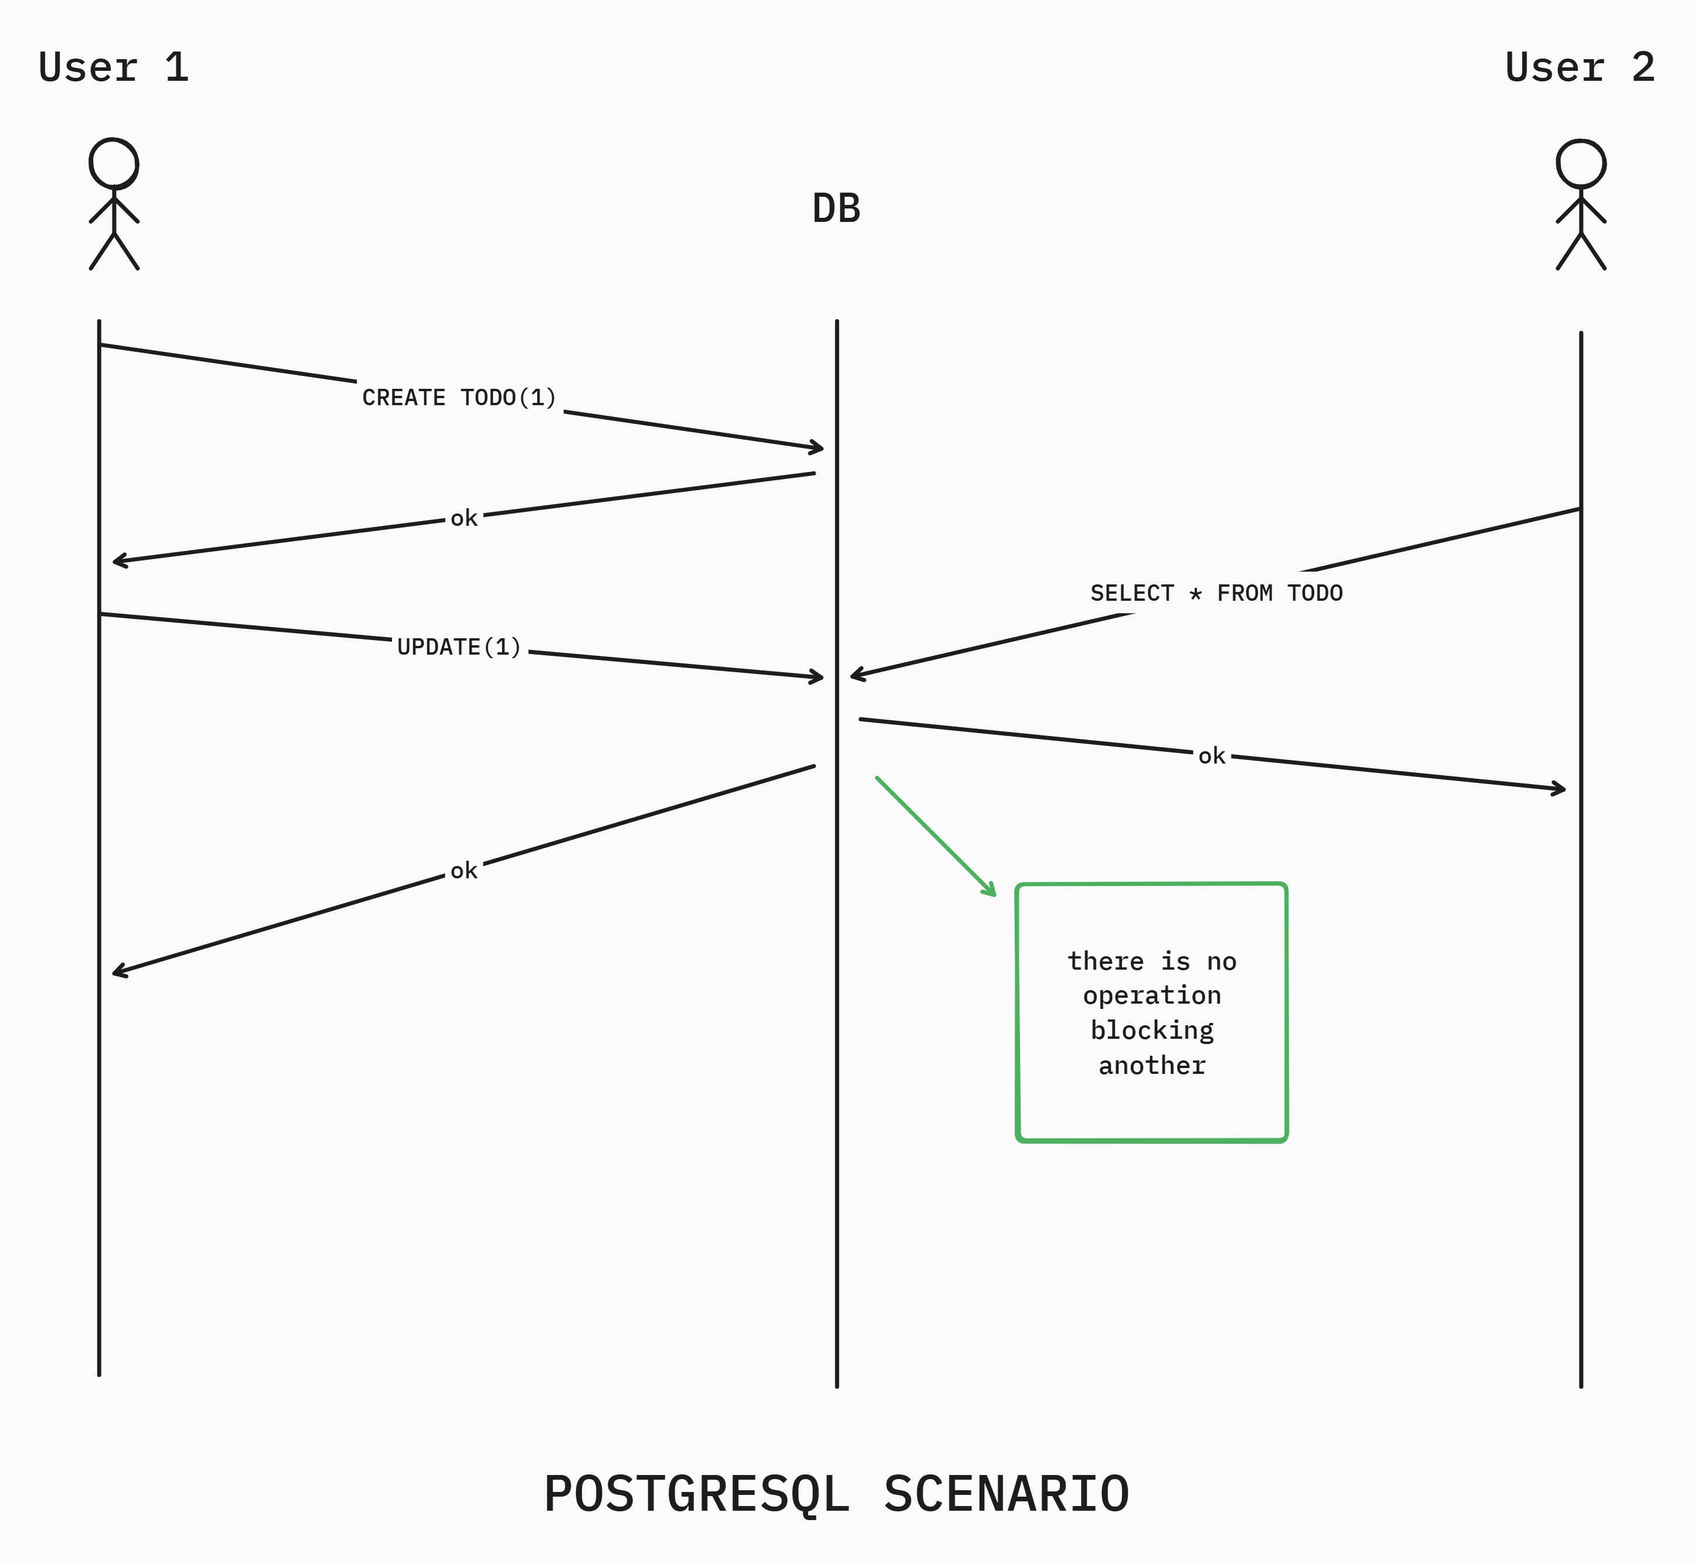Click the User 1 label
[x=114, y=68]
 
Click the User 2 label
[x=1580, y=68]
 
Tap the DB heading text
[x=837, y=209]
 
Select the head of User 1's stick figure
[x=114, y=163]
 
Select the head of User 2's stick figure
[x=1581, y=164]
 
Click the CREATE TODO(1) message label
[x=459, y=398]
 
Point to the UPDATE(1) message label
[x=459, y=648]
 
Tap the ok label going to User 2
[x=1212, y=756]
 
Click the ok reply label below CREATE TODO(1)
[x=464, y=518]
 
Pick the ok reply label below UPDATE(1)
[x=464, y=871]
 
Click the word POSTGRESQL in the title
[x=696, y=1494]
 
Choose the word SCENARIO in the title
[x=1007, y=1494]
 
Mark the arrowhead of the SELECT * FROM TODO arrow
[x=855, y=675]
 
